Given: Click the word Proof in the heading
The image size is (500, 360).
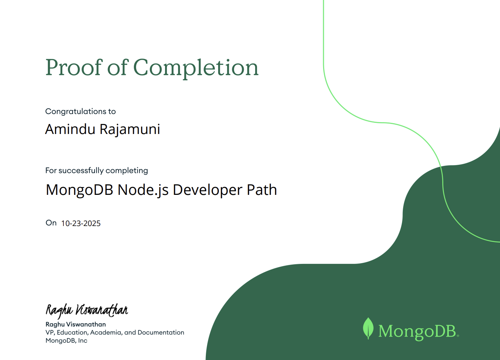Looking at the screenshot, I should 73,68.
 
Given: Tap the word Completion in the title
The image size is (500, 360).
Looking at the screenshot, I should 195,68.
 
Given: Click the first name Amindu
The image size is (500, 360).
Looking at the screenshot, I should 70,129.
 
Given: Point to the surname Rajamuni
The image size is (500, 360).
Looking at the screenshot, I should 130,130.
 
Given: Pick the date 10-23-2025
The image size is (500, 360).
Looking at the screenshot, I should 81,223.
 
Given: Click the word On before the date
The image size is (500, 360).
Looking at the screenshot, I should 51,223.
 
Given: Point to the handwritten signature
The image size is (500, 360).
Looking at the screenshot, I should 87,310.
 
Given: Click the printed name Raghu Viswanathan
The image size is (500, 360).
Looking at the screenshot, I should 76,324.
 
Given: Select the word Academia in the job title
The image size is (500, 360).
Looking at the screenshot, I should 106,333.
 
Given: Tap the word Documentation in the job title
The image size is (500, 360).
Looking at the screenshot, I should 161,333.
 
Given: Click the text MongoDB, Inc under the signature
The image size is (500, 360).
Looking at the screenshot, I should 66,341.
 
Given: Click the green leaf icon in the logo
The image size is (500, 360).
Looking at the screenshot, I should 368,328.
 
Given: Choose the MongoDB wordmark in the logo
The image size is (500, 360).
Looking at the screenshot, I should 417,331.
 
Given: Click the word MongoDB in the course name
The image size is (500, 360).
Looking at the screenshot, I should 79,190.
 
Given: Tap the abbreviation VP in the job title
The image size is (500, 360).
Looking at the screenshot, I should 50,333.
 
